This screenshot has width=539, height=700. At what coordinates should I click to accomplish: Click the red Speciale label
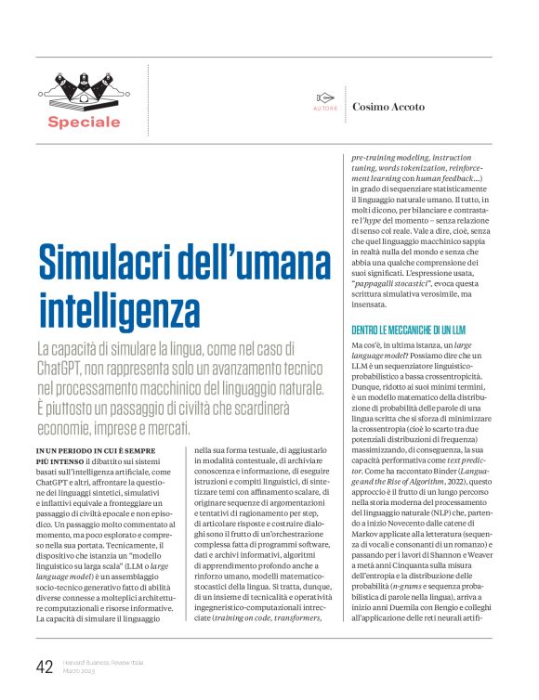85,122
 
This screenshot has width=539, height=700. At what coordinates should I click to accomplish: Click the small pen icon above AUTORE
324,97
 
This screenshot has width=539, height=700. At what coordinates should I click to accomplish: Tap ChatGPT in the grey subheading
65,368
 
